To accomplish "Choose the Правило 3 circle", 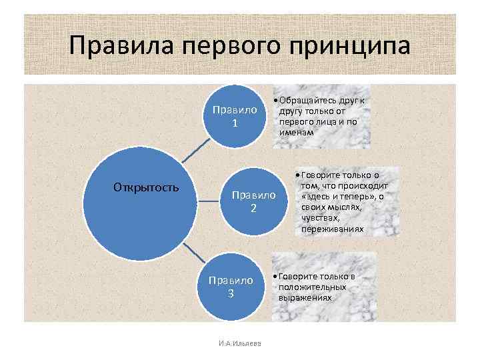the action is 231,287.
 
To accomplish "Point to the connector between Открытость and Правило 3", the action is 193,253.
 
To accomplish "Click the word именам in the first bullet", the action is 296,132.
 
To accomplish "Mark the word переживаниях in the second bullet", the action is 333,229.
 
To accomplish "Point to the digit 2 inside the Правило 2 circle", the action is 253,209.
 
